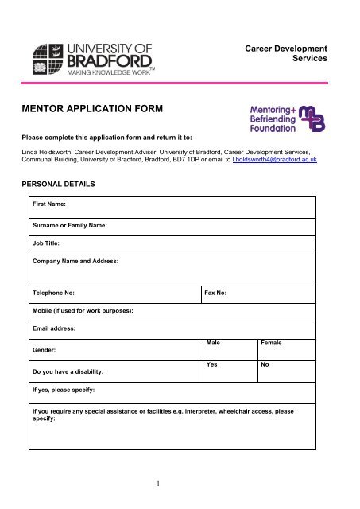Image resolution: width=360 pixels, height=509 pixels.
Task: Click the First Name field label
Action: tap(49, 204)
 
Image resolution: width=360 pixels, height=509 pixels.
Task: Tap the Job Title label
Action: tap(47, 244)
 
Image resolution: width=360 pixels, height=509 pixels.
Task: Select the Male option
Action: tap(213, 343)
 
